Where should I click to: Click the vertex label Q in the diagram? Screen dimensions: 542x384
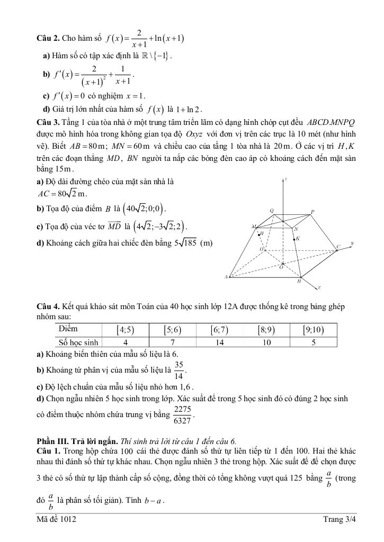pyautogui.click(x=272, y=211)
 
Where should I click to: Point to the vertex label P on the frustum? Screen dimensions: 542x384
pyautogui.click(x=312, y=212)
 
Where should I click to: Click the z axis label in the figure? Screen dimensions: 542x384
pyautogui.click(x=285, y=179)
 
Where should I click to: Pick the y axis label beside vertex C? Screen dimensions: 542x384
pyautogui.click(x=351, y=244)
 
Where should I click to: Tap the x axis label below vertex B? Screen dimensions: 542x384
pyautogui.click(x=319, y=287)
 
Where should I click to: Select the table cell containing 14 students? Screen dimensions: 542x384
pyautogui.click(x=219, y=342)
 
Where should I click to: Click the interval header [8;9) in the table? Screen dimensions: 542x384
pyautogui.click(x=266, y=330)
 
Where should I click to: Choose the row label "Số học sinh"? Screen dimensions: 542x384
pyautogui.click(x=78, y=342)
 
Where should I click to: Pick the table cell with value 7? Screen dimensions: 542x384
pyautogui.click(x=172, y=342)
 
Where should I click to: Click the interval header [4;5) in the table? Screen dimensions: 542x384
pyautogui.click(x=125, y=330)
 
